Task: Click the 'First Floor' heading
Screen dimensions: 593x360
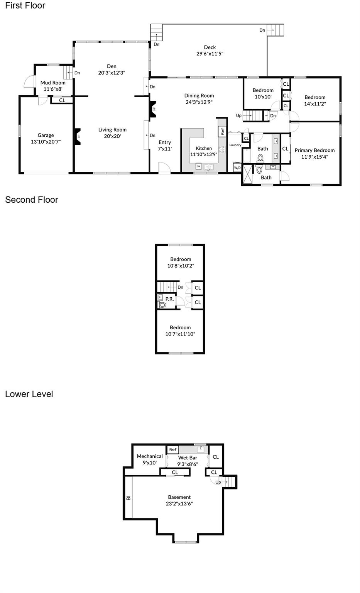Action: point(25,6)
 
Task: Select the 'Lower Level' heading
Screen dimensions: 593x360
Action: point(29,394)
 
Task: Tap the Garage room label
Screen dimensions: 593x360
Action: point(46,135)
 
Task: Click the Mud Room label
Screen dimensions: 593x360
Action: point(53,83)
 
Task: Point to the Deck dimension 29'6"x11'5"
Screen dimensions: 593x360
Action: point(210,54)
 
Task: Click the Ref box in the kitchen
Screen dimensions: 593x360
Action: point(222,131)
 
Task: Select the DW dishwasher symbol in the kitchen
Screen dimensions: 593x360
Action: point(198,167)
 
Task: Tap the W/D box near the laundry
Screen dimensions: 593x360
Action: point(237,168)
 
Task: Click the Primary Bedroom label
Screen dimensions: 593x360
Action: point(314,150)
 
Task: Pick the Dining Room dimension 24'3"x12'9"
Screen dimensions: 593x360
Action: point(199,102)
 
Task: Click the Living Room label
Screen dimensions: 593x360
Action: point(112,130)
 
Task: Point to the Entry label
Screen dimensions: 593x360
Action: point(165,142)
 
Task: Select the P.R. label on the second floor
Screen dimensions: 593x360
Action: point(169,299)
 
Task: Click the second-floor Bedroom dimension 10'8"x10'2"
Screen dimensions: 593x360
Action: point(180,266)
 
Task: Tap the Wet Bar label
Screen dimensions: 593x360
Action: point(188,458)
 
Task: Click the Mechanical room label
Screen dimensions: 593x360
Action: point(150,456)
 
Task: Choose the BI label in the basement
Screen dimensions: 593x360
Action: point(128,498)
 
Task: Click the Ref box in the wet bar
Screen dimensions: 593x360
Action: point(173,449)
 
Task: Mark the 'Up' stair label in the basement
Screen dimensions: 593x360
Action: point(218,482)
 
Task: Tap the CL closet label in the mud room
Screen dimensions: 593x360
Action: point(62,100)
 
